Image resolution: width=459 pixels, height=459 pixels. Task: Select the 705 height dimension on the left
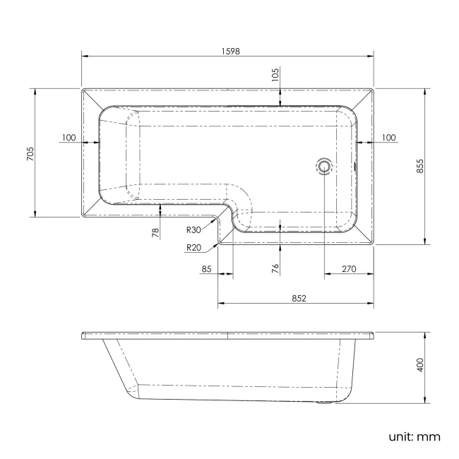[x=30, y=153]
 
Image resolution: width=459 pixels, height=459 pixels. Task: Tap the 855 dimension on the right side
[x=419, y=166]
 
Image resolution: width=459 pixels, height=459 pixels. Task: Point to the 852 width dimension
[x=297, y=298]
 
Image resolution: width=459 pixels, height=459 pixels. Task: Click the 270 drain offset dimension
[x=348, y=268]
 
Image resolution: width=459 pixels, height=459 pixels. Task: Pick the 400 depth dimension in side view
[x=419, y=365]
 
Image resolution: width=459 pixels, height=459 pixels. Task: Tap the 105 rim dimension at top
[x=276, y=73]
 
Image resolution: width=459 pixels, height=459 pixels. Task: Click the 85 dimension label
[x=207, y=268]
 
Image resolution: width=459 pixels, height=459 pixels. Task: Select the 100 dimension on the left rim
[x=68, y=137]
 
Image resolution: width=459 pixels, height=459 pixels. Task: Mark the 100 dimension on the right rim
[x=388, y=137]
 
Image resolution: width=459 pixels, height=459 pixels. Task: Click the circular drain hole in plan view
[x=324, y=167]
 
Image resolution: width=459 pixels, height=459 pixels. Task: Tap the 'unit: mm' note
[x=414, y=436]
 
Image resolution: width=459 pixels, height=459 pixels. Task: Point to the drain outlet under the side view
[x=324, y=405]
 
